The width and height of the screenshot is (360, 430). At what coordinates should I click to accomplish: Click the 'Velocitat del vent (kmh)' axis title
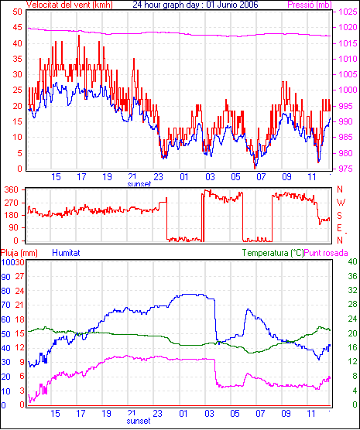tap(70, 5)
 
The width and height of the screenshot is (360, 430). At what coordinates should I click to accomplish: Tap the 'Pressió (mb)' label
tap(310, 5)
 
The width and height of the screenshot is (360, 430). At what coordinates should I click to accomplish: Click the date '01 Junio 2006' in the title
tap(229, 5)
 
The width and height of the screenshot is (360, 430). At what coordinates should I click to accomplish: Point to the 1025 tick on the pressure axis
tap(348, 12)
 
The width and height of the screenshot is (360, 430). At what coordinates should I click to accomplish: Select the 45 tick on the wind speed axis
tap(18, 27)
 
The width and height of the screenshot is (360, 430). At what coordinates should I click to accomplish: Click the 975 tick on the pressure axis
tap(348, 169)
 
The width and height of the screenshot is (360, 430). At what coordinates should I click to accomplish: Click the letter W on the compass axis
tap(341, 203)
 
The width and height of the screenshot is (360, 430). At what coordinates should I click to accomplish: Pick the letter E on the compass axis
tap(339, 228)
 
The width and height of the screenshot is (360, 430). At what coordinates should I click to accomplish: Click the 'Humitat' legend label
tap(66, 253)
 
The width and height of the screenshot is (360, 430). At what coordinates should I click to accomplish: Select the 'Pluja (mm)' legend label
tap(19, 253)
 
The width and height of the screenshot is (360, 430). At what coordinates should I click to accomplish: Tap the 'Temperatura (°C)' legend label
tap(273, 253)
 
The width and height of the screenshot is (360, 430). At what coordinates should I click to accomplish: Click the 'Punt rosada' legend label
tap(326, 253)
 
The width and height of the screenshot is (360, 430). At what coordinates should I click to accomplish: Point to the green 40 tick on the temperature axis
tap(352, 261)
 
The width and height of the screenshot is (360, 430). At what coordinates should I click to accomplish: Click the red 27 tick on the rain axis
tap(19, 276)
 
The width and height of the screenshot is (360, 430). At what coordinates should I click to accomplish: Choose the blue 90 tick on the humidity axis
tap(5, 277)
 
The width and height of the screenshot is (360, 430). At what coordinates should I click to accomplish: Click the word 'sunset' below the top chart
tap(139, 184)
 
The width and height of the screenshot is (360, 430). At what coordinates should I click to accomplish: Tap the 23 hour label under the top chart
tap(158, 177)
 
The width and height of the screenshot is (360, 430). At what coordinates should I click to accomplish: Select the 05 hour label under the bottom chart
tap(235, 413)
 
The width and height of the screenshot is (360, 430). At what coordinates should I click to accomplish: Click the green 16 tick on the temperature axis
tap(352, 347)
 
